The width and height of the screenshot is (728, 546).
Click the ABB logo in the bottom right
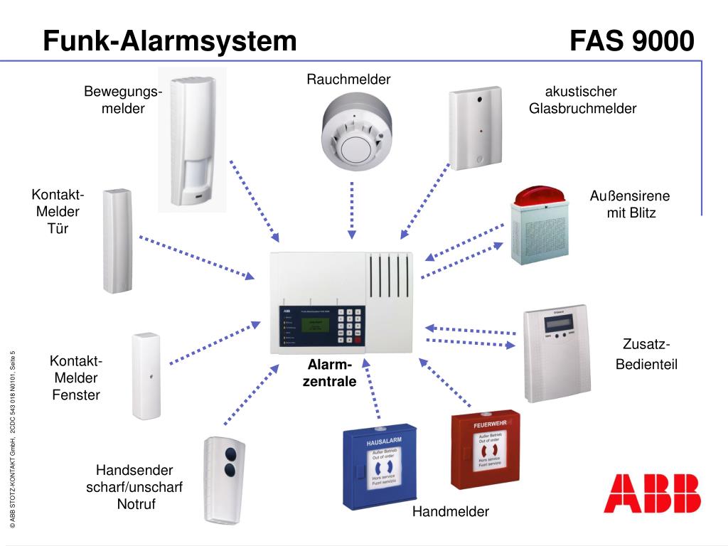coord(651,493)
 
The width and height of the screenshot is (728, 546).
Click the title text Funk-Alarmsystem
coord(169,41)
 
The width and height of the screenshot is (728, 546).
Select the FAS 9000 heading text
coord(631,41)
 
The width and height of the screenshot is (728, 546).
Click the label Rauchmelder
coord(348,79)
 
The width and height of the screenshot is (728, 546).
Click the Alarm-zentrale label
coord(329,373)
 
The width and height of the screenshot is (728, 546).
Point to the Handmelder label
coord(451,512)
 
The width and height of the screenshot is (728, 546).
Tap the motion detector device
coord(192,139)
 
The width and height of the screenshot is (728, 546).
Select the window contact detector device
coord(146,375)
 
